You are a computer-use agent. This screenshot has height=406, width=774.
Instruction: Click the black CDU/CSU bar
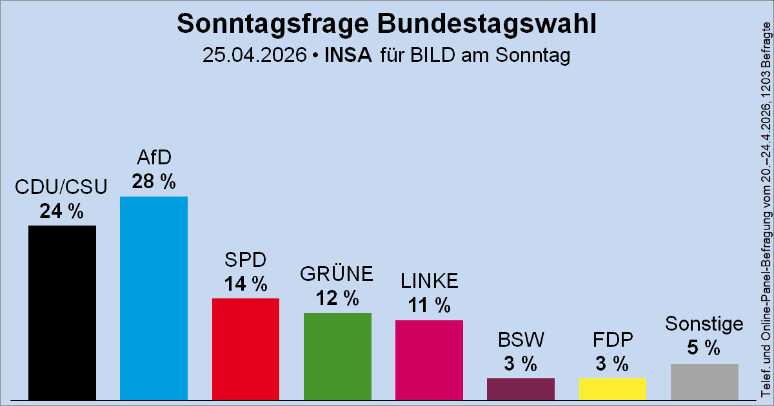(62, 313)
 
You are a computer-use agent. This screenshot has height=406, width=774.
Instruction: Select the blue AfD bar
(154, 298)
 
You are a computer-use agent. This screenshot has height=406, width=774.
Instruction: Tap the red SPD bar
(245, 349)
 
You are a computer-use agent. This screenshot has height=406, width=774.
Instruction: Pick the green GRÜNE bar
(337, 356)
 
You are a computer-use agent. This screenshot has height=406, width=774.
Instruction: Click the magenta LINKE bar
(429, 360)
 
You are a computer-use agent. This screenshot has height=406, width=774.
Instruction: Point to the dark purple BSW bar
(521, 389)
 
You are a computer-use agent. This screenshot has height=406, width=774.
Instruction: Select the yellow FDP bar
(612, 389)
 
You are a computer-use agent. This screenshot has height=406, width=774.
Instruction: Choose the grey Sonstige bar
(704, 382)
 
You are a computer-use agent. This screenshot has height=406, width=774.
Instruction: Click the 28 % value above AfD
(154, 182)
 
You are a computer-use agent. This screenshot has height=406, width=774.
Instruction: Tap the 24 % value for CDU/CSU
(62, 211)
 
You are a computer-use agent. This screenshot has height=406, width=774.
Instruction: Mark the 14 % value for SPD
(245, 284)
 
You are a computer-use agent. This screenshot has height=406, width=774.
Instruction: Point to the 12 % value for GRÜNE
(337, 298)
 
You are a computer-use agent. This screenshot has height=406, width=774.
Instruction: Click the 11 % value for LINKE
(429, 305)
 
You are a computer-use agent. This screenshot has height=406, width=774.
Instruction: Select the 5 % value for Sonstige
(704, 349)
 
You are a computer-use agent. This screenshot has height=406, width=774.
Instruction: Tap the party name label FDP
(612, 339)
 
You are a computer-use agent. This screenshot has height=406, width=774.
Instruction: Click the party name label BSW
(521, 339)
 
